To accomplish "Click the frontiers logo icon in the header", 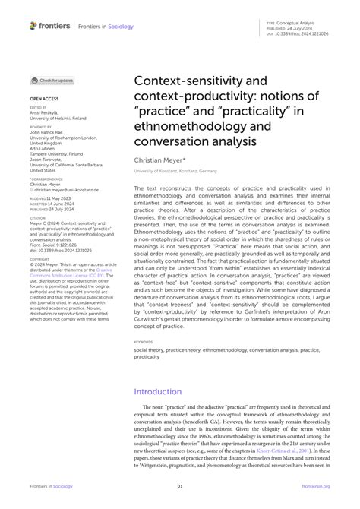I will pyautogui.click(x=33, y=25).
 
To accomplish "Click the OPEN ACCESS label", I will pyautogui.click(x=45, y=99).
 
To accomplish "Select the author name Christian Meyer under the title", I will pyautogui.click(x=160, y=161).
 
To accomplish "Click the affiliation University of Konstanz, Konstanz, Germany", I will pyautogui.click(x=175, y=172).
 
